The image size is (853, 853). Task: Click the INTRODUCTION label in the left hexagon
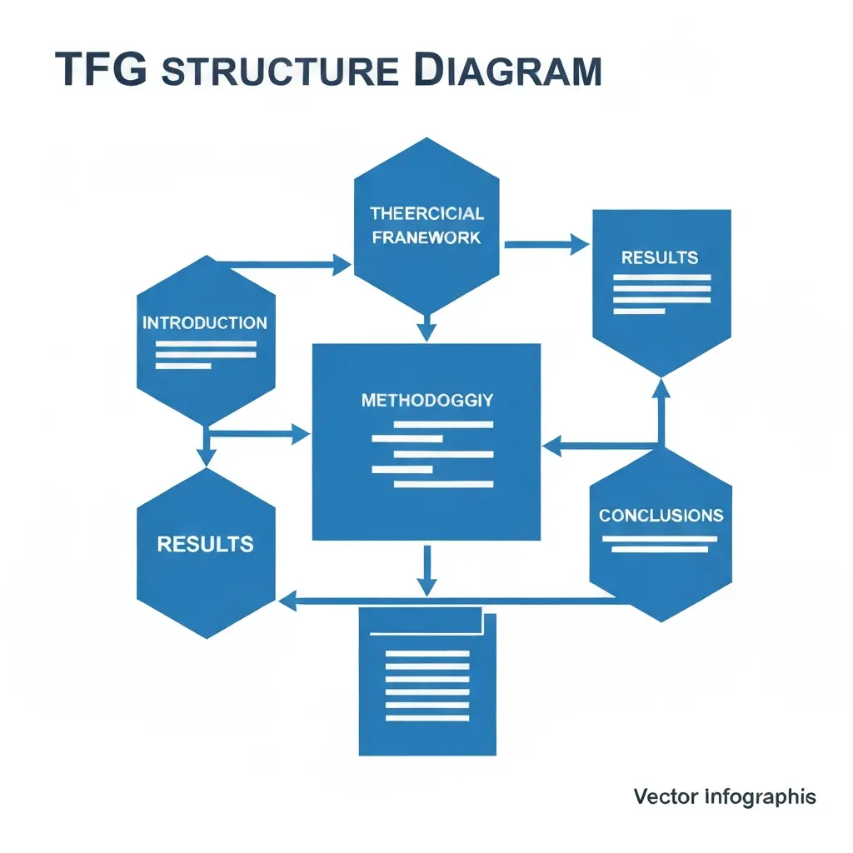[205, 323]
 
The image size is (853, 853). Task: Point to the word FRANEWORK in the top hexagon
[426, 237]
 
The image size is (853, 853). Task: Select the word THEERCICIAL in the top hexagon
[426, 214]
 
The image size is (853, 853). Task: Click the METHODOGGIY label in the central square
[426, 401]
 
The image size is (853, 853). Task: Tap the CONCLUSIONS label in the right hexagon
[661, 516]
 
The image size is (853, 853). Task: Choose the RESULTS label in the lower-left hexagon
[205, 545]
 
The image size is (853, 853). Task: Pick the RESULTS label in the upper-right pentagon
[660, 257]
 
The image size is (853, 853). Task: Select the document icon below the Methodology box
[426, 681]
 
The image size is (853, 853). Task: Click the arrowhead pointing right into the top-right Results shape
[580, 244]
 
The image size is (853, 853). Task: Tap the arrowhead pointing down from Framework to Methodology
[426, 332]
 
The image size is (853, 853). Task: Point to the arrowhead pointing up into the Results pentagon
[661, 388]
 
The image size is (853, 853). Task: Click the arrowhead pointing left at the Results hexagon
[288, 599]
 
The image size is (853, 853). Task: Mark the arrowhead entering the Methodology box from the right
[551, 446]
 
